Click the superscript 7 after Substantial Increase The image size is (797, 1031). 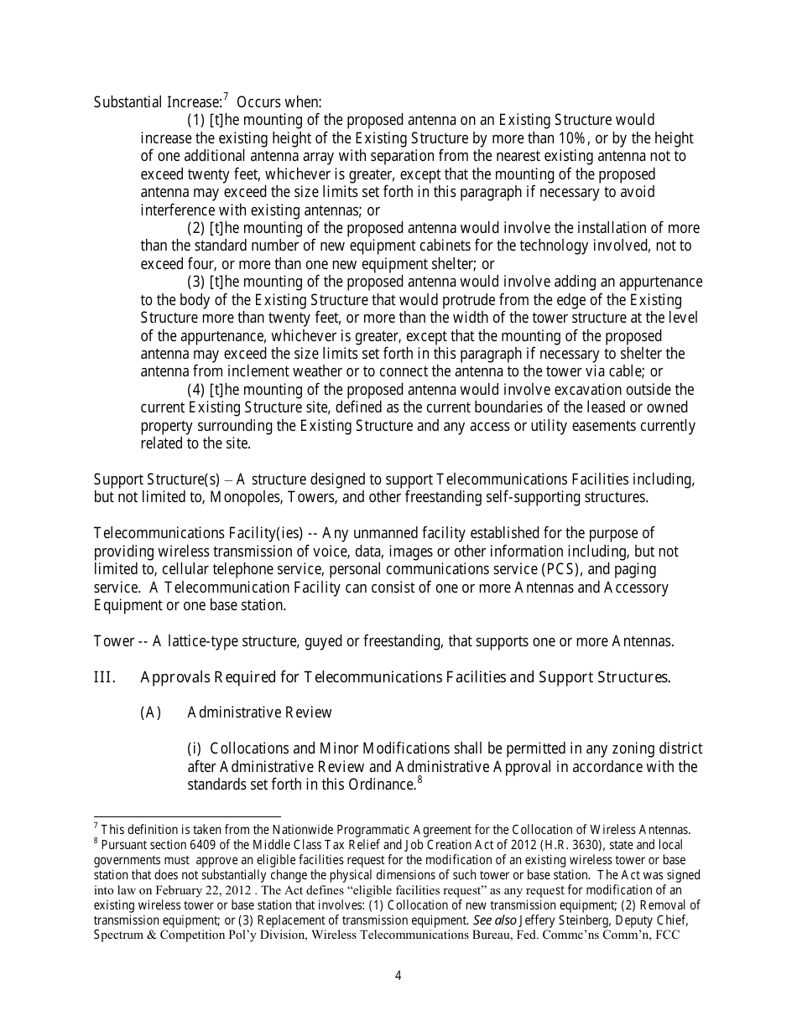tap(227, 98)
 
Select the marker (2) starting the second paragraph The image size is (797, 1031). tap(195, 228)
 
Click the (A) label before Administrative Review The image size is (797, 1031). tap(150, 713)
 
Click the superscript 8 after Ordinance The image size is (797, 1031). tap(419, 780)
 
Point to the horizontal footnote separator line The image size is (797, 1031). tap(186, 816)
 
